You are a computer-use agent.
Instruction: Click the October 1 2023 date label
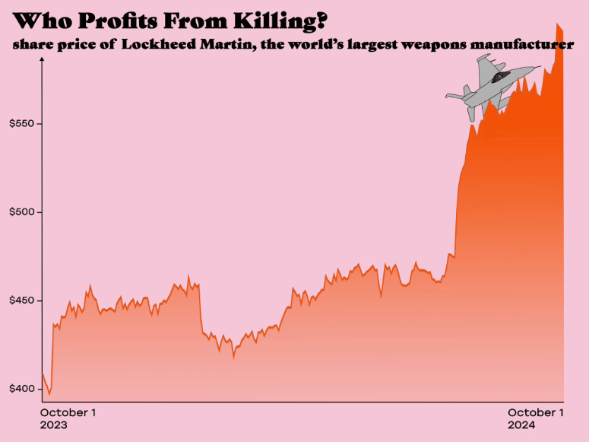(x=68, y=418)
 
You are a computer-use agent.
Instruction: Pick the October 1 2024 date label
(x=535, y=418)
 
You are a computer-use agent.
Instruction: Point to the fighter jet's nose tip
(x=540, y=67)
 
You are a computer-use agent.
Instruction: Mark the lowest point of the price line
(x=49, y=395)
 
